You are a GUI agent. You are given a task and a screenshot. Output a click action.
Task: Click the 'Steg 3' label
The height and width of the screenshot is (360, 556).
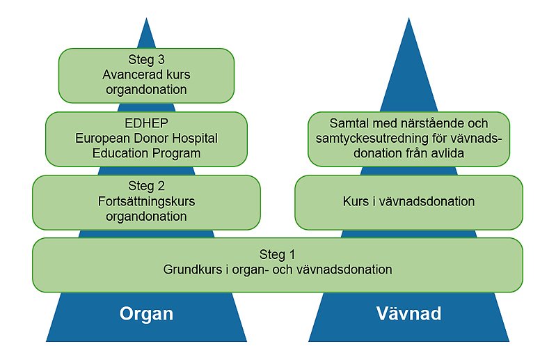point(146,59)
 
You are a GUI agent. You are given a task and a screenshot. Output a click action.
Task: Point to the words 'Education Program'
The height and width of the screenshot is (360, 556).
point(146,153)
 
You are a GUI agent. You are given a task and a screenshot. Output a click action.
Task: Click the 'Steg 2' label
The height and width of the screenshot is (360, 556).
point(146,187)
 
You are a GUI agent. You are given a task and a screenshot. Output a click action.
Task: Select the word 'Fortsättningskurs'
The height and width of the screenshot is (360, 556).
point(146,202)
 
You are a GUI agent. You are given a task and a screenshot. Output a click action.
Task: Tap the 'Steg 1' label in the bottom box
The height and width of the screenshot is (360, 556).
point(277,253)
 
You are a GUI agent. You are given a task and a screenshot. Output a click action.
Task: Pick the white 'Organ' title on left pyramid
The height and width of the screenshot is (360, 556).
point(146,314)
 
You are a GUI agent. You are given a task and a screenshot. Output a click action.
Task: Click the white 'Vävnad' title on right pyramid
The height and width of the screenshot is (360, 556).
point(408,314)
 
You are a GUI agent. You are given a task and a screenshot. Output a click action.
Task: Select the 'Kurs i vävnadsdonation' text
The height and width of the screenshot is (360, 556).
point(408,202)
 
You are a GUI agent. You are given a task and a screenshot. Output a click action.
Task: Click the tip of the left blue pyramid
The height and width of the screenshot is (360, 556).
point(146,20)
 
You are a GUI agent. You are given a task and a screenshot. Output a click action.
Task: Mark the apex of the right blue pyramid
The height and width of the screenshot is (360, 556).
point(408,20)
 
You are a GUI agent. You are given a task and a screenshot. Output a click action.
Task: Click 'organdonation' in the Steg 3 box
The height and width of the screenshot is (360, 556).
point(146,90)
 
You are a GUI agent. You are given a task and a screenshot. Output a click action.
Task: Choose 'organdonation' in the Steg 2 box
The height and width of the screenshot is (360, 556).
point(146,217)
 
